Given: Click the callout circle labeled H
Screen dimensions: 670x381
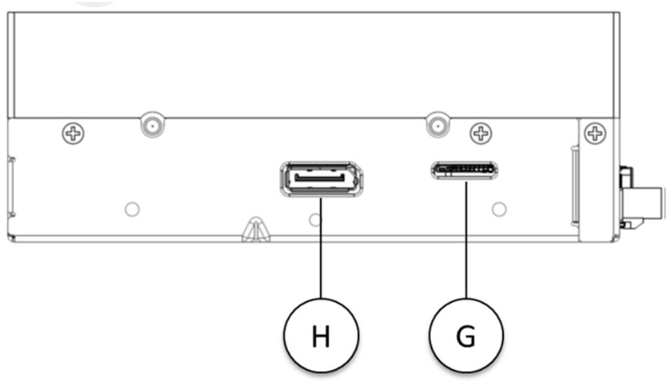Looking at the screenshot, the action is [321, 335].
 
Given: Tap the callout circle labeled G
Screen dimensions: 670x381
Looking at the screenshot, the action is [466, 335].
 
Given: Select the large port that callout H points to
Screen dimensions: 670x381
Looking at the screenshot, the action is [321, 179].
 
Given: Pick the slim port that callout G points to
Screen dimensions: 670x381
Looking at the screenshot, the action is [465, 171].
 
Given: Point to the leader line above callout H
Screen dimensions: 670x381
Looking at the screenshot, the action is [321, 248].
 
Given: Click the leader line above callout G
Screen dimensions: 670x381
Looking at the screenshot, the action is [466, 239].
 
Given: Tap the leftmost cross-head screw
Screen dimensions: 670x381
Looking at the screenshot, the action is [73, 133].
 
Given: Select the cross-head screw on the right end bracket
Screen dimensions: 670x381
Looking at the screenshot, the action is [595, 133].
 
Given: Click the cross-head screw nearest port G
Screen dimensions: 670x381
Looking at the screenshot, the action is [481, 133].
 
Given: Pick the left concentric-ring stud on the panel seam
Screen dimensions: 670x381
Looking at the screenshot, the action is [153, 126].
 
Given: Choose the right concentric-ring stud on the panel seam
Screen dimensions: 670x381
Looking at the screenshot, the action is [437, 126].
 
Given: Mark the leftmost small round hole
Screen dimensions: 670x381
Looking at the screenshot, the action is [132, 209].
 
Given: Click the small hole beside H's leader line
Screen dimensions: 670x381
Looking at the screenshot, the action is [315, 220].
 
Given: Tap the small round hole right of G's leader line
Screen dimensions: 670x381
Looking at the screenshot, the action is [499, 209].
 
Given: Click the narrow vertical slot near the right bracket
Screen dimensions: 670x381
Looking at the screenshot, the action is [575, 185].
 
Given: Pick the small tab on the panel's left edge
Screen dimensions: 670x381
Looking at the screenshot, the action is [11, 187].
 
